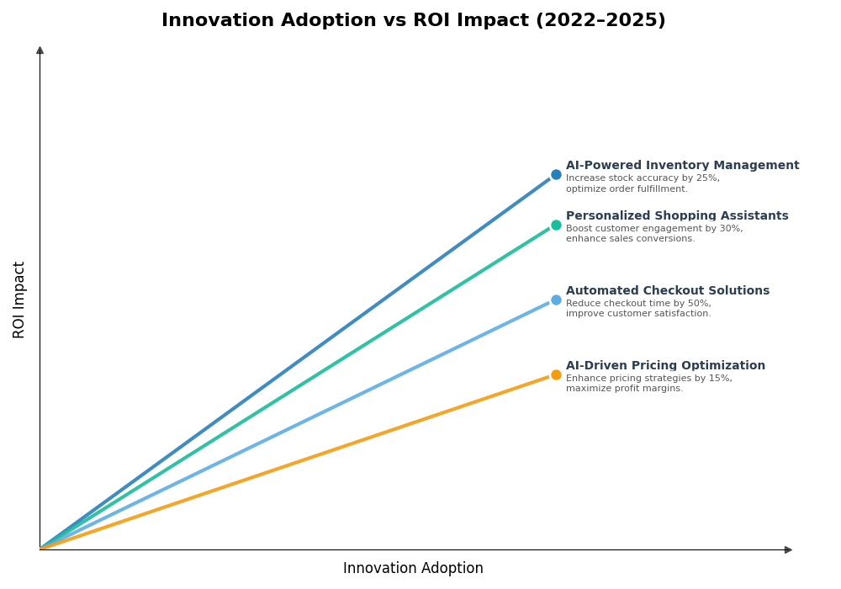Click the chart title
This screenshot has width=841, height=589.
(x=413, y=21)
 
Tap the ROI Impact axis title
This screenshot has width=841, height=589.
(x=19, y=300)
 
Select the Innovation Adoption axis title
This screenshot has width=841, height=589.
(x=413, y=569)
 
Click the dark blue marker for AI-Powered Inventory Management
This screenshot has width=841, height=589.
(x=556, y=175)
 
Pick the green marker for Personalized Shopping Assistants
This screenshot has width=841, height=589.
(x=556, y=226)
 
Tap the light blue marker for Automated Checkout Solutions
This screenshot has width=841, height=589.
(x=556, y=300)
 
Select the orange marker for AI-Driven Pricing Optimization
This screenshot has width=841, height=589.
(x=556, y=375)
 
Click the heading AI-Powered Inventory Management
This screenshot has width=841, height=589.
(x=682, y=166)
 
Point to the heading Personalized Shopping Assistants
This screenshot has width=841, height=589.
(x=677, y=216)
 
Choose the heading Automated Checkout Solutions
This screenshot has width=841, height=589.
(x=667, y=291)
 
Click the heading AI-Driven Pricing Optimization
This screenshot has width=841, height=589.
(x=665, y=366)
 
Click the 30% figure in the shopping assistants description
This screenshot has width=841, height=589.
(x=731, y=229)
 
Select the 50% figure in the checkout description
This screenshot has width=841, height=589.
(x=699, y=304)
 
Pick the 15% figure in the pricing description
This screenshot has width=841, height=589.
(x=721, y=379)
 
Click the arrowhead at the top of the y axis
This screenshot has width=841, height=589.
(x=40, y=50)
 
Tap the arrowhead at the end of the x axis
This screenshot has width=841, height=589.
(x=788, y=549)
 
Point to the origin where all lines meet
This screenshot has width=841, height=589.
(x=40, y=549)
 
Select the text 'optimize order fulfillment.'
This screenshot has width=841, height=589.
(x=627, y=189)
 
